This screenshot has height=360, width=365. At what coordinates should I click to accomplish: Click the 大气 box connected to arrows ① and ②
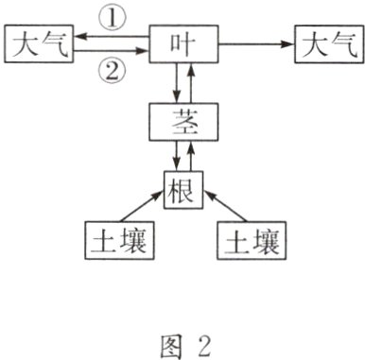[x=38, y=44]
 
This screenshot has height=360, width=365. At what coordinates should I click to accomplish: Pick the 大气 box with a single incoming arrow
[x=326, y=44]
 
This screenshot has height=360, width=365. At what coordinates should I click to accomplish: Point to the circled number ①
[x=113, y=16]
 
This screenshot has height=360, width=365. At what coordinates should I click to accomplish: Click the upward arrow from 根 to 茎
[x=193, y=155]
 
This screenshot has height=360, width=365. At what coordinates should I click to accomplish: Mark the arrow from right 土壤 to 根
[x=230, y=207]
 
